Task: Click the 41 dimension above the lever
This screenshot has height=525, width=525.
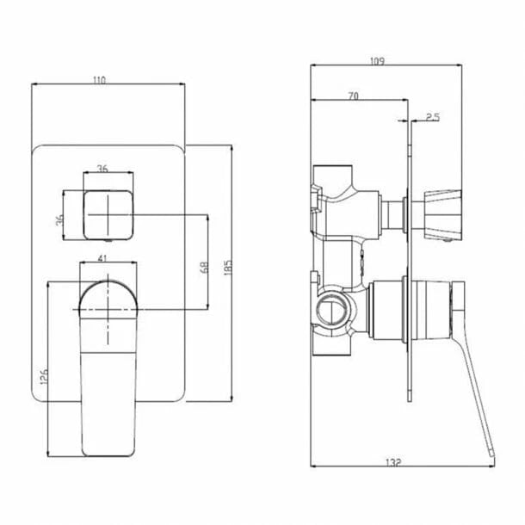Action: [x=103, y=256]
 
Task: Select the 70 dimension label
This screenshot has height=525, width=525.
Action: [x=354, y=96]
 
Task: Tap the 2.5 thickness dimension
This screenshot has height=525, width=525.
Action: [x=432, y=115]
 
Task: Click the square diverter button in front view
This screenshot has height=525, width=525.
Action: [x=108, y=213]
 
